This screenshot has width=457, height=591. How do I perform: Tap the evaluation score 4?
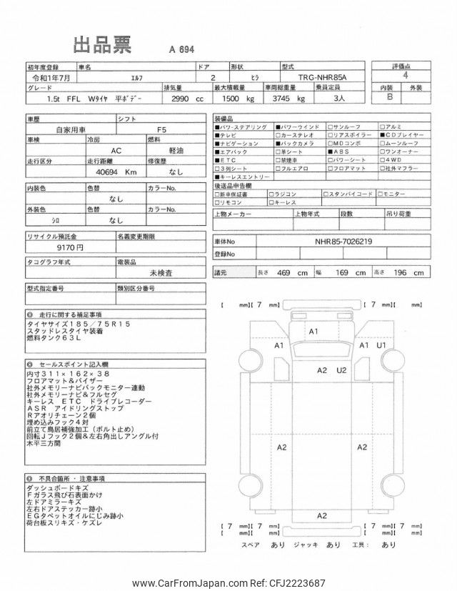(406, 75)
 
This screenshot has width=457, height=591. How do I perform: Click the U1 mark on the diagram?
(382, 346)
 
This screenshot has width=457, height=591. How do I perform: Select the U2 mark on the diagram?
(341, 370)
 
